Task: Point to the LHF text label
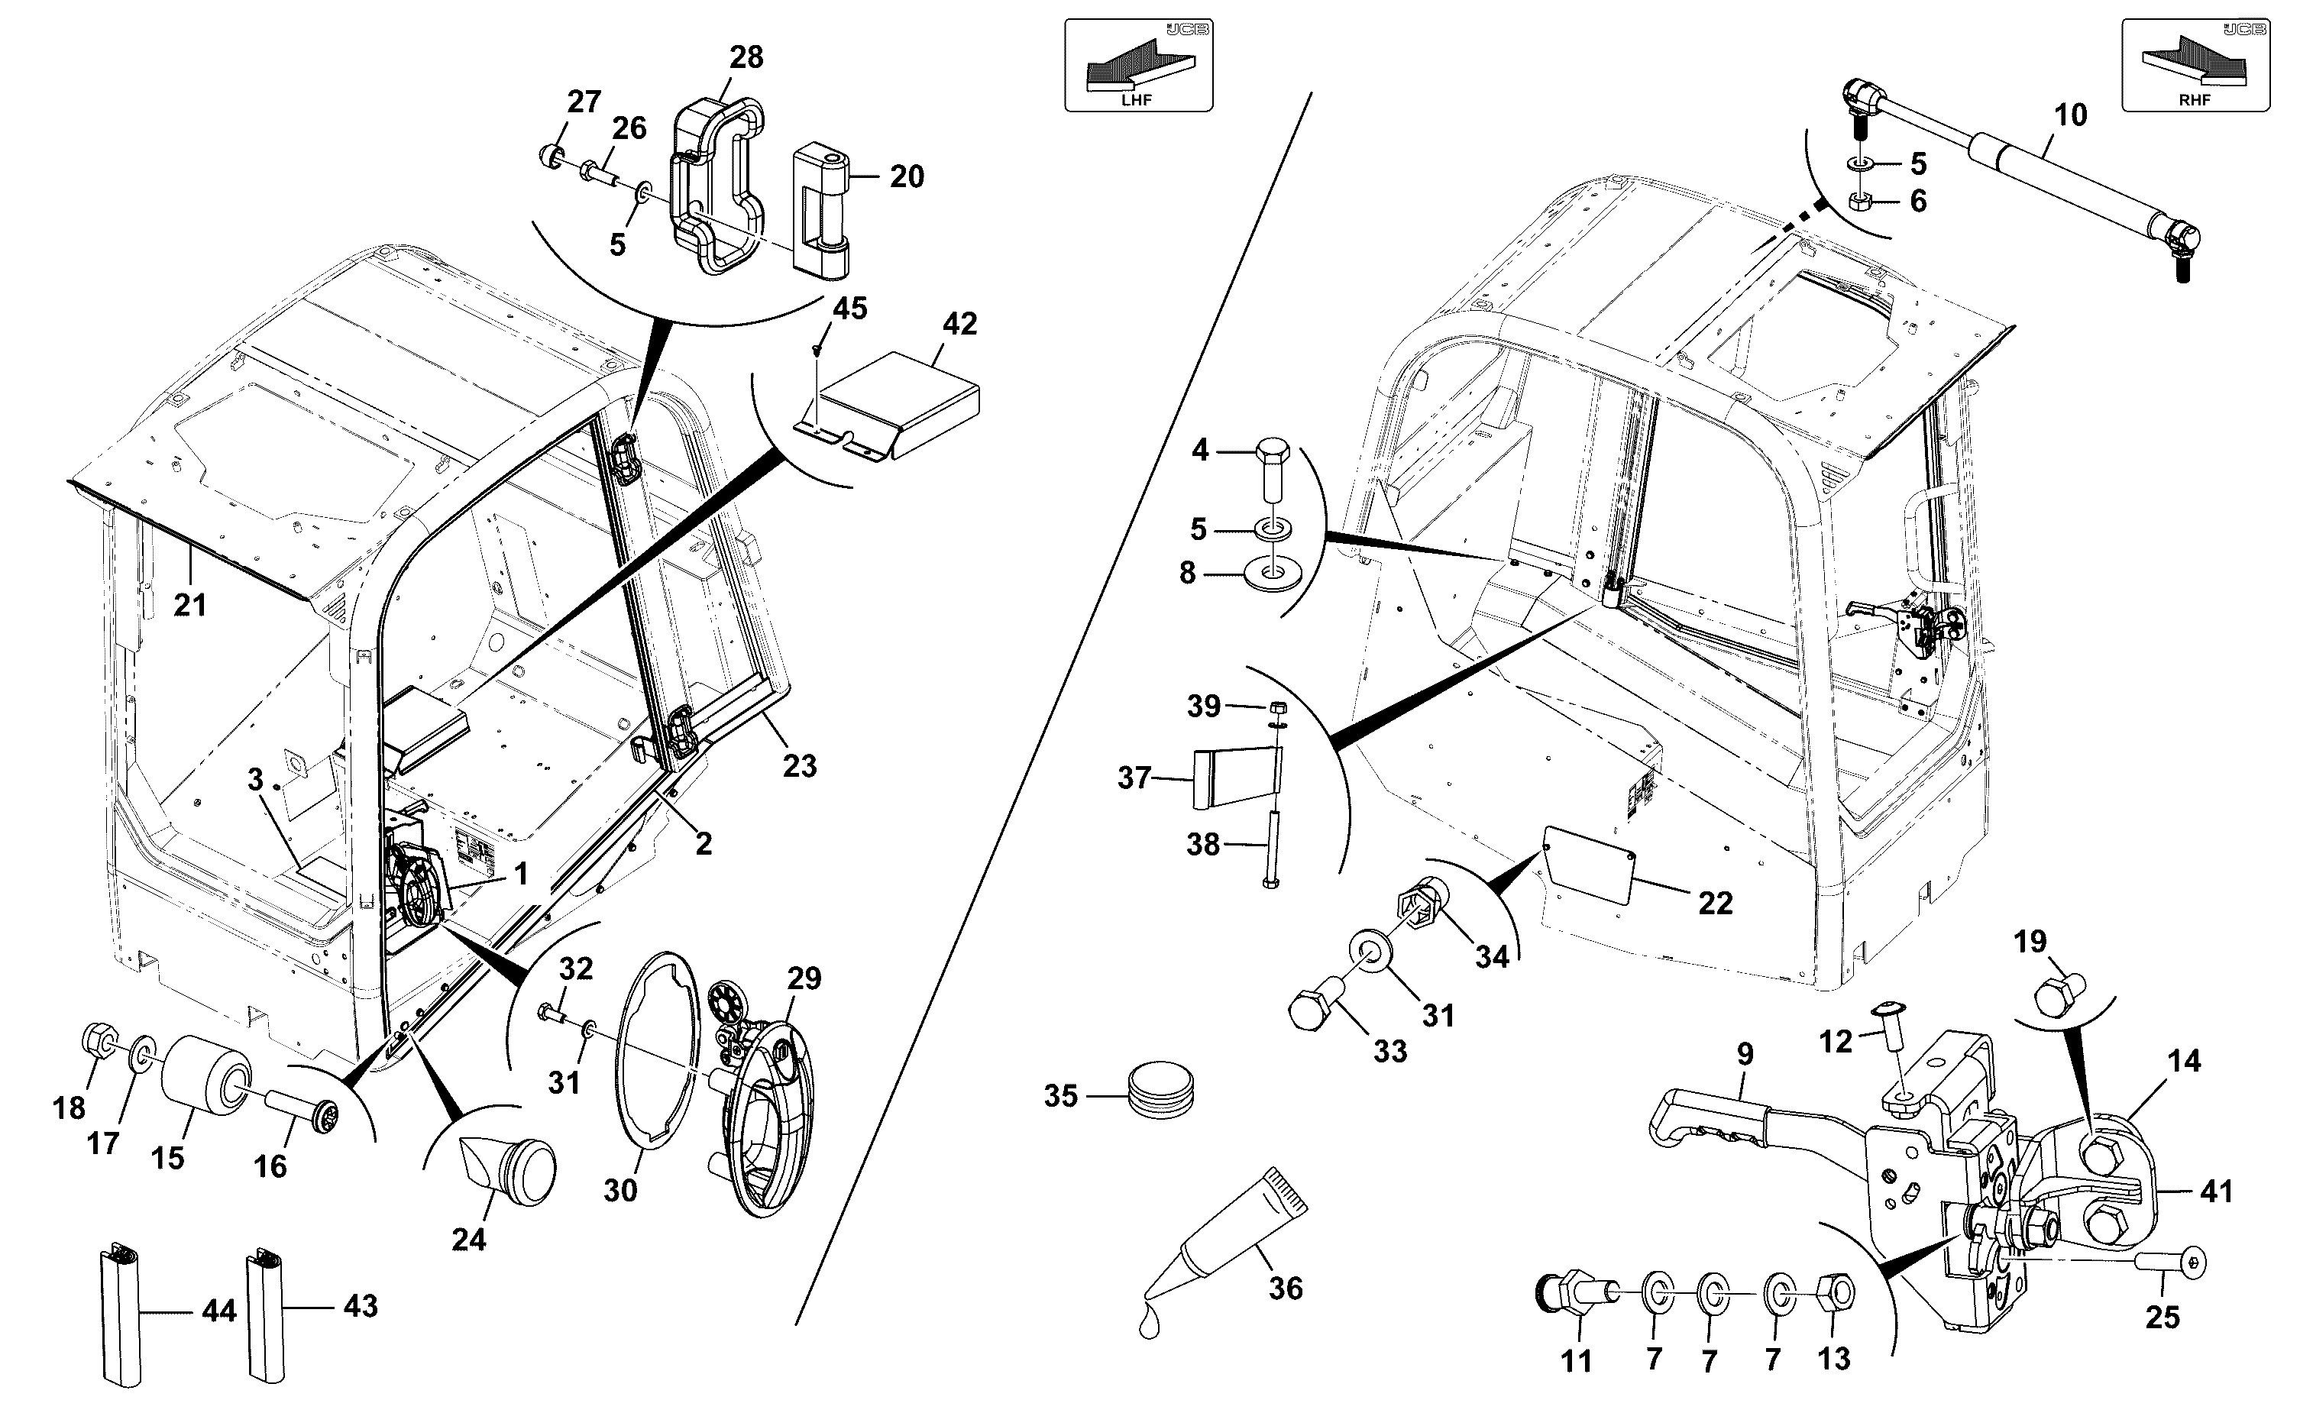(x=1137, y=101)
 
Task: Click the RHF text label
(x=2195, y=101)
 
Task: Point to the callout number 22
(x=1715, y=903)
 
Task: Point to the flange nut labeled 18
(x=99, y=1041)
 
